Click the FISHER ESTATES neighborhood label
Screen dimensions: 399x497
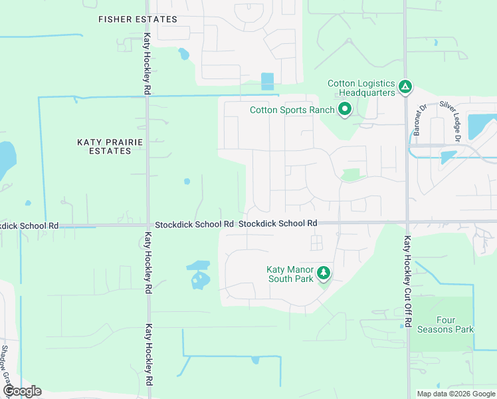tap(138, 19)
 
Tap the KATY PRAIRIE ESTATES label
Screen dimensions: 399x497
tap(104, 146)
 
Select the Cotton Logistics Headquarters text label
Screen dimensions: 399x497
tap(361, 88)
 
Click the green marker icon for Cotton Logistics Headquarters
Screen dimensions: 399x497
tap(405, 86)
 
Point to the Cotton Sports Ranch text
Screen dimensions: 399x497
tap(292, 110)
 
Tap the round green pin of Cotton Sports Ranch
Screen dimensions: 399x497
tap(344, 109)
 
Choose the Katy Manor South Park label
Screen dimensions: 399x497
tap(290, 274)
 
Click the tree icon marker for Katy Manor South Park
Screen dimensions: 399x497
tap(323, 273)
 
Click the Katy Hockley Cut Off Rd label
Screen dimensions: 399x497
tap(407, 281)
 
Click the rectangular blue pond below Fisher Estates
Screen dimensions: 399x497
tap(267, 81)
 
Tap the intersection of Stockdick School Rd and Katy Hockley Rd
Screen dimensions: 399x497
tap(147, 225)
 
